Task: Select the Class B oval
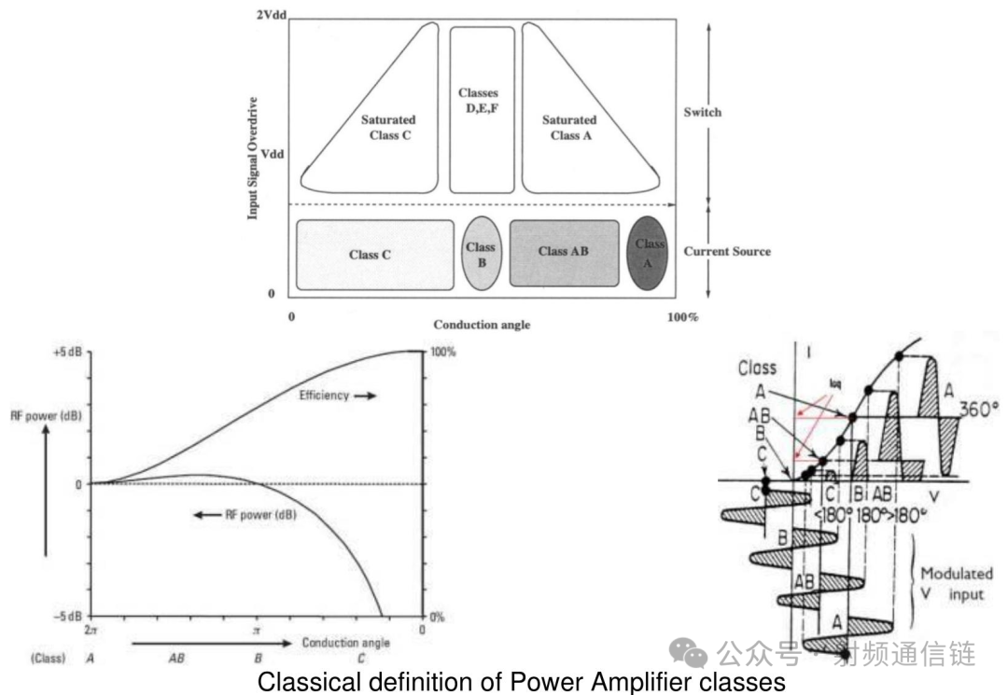coord(481,254)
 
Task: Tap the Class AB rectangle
coord(564,252)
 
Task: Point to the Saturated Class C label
coord(388,128)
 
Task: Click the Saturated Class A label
coord(569,128)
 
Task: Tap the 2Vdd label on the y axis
coord(269,16)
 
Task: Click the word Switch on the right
coord(702,112)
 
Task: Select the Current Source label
coord(727,252)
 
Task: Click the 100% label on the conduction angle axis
coord(682,318)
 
